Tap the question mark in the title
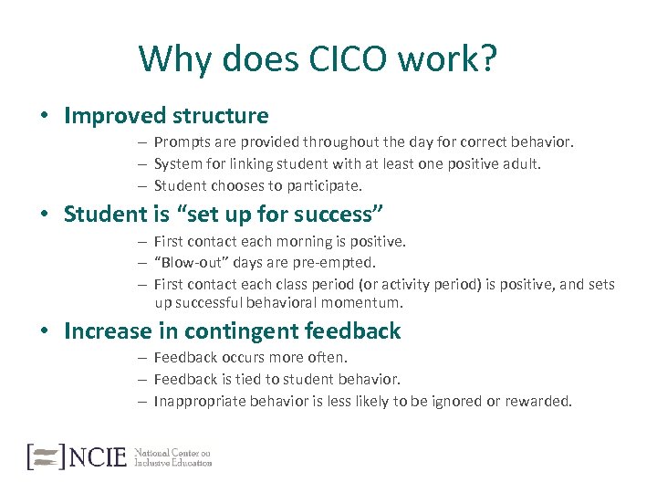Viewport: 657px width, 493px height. (488, 59)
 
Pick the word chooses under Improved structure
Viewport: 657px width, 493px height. (234, 185)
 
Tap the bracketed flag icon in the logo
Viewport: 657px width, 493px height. (46, 456)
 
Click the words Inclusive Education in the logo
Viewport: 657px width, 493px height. (172, 463)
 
